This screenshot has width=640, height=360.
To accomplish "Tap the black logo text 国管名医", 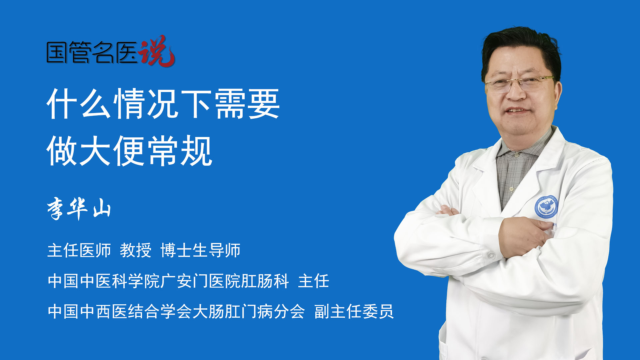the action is tap(92, 52).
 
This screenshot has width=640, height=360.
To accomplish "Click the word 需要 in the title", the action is tap(247, 104).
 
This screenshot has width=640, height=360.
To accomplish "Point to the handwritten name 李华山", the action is tap(79, 208).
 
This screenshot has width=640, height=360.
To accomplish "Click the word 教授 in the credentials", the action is tap(136, 250).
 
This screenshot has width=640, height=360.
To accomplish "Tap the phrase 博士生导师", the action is tap(200, 250).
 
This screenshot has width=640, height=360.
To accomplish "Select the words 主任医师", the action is tap(79, 250).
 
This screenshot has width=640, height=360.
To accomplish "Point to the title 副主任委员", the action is tap(354, 311).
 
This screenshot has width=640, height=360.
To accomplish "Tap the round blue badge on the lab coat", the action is tap(546, 207).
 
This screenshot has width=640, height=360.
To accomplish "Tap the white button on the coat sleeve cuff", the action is tap(491, 256).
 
